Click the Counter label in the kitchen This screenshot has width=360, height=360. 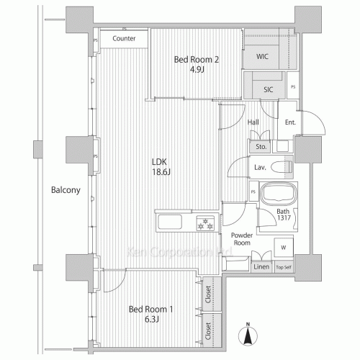click(x=125, y=38)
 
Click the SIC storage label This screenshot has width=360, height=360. click(x=267, y=89)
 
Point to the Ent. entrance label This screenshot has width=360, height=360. click(x=290, y=123)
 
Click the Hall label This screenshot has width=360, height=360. click(x=253, y=122)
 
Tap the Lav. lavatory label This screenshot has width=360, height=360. click(x=261, y=167)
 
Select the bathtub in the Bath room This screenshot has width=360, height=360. click(x=276, y=195)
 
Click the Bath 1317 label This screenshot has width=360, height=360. click(x=284, y=216)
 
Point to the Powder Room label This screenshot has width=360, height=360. click(x=240, y=239)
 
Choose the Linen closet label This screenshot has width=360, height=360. click(x=261, y=267)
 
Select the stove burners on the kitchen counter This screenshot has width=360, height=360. click(x=205, y=224)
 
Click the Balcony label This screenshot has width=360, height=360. click(x=65, y=191)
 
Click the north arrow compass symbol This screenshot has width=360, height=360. click(x=247, y=333)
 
